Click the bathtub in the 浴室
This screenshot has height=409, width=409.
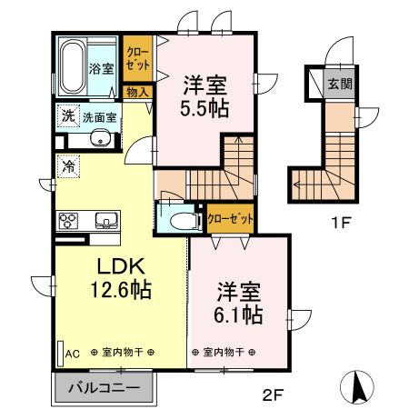(73, 67)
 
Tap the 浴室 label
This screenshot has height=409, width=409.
(102, 68)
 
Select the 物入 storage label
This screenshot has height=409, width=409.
(137, 92)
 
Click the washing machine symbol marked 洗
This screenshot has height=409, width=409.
(68, 115)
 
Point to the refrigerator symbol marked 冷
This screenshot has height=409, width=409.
(68, 166)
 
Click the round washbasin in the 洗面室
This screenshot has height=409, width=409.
(100, 138)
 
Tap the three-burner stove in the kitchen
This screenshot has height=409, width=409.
(68, 221)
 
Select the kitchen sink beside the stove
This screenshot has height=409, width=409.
(106, 220)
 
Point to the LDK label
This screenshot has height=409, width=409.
(120, 266)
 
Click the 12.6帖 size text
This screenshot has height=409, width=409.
(121, 289)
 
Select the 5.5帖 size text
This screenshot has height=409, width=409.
(204, 108)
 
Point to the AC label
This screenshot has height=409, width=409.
(73, 354)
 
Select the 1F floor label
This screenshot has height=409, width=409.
(341, 224)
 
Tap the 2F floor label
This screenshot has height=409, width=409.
(273, 394)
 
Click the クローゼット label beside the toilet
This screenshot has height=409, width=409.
(230, 218)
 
